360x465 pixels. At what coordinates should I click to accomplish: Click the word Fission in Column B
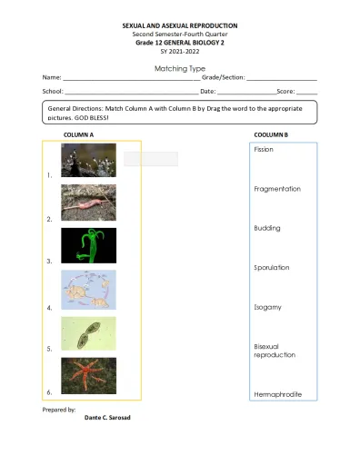264,149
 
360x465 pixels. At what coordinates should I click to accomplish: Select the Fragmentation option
277,189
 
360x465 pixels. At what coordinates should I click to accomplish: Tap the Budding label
267,228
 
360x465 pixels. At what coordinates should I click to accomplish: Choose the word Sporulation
272,268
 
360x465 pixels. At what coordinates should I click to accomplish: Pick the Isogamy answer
267,307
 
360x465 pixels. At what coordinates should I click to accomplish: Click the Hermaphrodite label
277,394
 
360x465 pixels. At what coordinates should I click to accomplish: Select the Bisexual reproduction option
274,351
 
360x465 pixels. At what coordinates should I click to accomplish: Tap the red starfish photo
88,375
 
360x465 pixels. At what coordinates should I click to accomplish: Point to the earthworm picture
88,203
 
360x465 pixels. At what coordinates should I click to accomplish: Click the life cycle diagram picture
88,290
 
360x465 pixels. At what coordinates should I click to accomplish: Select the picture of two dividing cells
88,333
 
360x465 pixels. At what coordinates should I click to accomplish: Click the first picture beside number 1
88,161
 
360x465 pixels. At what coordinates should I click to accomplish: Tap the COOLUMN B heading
271,134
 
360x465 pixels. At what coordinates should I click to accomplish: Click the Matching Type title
180,69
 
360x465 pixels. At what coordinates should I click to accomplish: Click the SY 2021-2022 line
180,51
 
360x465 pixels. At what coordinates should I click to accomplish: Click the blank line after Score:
306,92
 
